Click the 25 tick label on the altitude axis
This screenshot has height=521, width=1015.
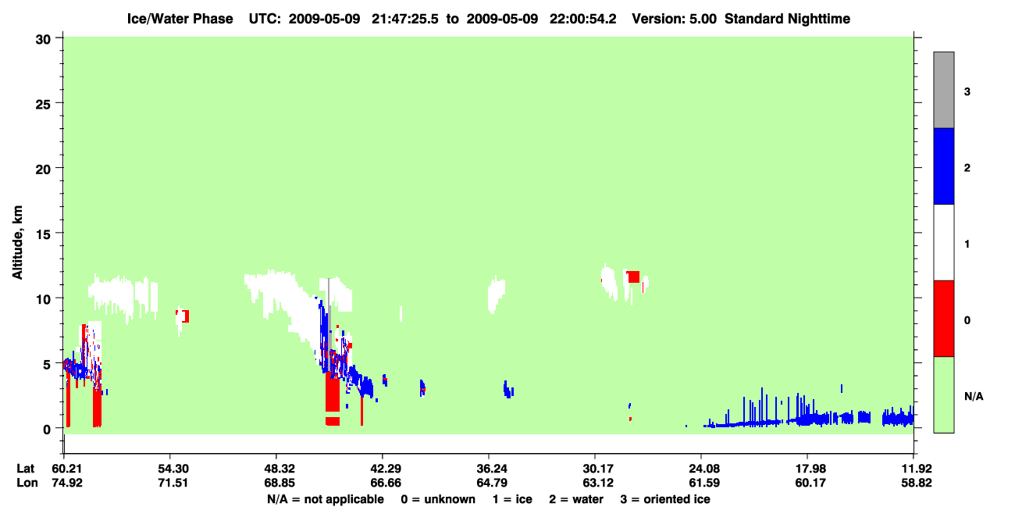click(x=43, y=104)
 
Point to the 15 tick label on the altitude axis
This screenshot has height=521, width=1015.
click(x=43, y=234)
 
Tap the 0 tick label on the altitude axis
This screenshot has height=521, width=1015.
click(x=47, y=430)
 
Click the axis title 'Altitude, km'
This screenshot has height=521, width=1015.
click(x=17, y=243)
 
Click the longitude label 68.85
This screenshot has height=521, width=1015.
click(x=280, y=483)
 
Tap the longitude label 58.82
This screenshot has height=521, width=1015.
click(x=916, y=483)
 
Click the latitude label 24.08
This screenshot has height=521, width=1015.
click(x=704, y=469)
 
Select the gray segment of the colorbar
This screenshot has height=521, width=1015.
click(x=943, y=90)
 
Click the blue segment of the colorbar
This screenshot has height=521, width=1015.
click(x=943, y=166)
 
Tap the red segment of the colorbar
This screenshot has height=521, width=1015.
click(x=943, y=319)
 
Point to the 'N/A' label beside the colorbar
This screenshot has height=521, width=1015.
click(x=974, y=397)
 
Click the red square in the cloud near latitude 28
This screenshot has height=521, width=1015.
click(x=633, y=277)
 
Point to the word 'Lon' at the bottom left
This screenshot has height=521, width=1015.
click(x=27, y=483)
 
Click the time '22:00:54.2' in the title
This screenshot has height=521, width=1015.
click(x=582, y=19)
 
